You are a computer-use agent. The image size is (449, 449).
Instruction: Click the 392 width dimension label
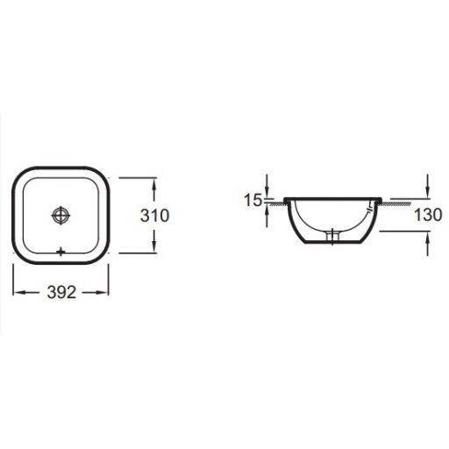(x=61, y=292)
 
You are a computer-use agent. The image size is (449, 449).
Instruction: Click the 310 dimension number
(x=154, y=216)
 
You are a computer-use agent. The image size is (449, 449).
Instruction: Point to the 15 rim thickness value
(x=253, y=200)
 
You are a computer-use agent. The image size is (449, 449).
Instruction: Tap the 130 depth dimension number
(x=428, y=215)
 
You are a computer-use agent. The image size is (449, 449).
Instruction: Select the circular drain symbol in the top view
(x=61, y=216)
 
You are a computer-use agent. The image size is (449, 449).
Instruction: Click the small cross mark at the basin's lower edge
(x=61, y=252)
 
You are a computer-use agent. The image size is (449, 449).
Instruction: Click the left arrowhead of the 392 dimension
(x=19, y=293)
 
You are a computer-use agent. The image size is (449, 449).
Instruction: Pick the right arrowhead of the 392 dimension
(x=103, y=293)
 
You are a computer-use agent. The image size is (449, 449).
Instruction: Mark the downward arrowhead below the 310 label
(x=154, y=247)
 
